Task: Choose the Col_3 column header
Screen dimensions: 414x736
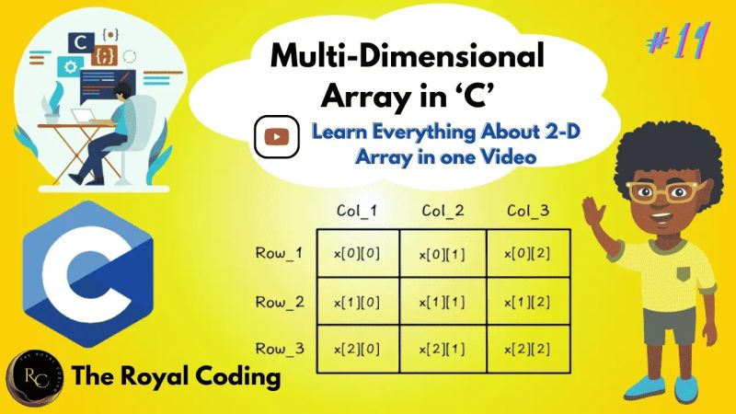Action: click(x=528, y=212)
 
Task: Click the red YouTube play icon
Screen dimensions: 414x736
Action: click(x=276, y=136)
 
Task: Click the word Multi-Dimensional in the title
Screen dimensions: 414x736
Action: click(x=407, y=57)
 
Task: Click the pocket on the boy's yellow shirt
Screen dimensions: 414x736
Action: click(x=684, y=272)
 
